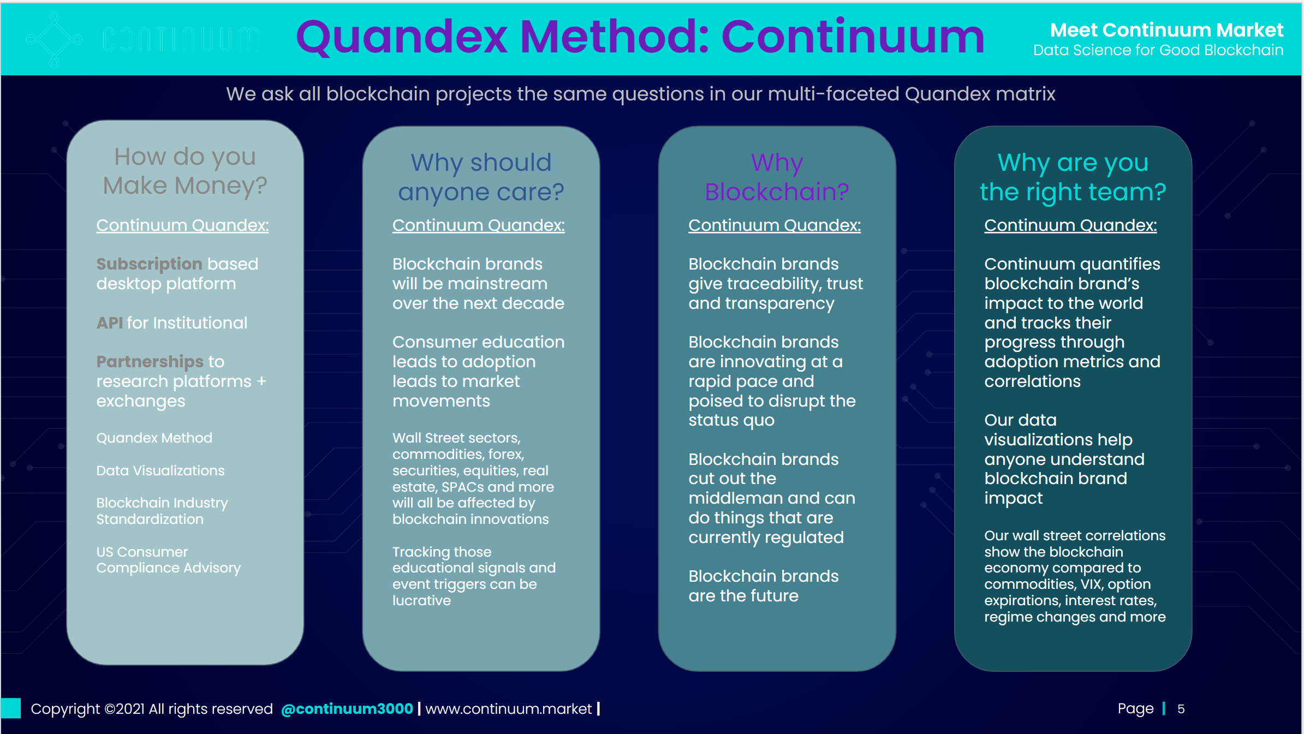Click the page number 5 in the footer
(1181, 709)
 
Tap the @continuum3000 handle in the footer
(347, 709)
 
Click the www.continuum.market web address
(508, 709)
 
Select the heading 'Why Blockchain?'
(777, 177)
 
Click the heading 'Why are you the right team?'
(1073, 177)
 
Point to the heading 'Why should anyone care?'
(481, 177)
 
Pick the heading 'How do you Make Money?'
(185, 171)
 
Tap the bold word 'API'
(109, 323)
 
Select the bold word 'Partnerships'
(150, 362)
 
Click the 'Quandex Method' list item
(154, 438)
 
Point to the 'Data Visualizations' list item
(160, 471)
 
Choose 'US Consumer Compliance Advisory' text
(168, 560)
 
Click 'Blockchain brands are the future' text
(763, 586)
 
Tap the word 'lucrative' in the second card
(421, 601)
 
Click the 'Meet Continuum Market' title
(1166, 30)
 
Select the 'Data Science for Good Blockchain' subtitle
(1158, 51)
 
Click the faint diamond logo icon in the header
(54, 39)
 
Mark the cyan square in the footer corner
(11, 708)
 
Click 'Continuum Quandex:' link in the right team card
(1070, 225)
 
